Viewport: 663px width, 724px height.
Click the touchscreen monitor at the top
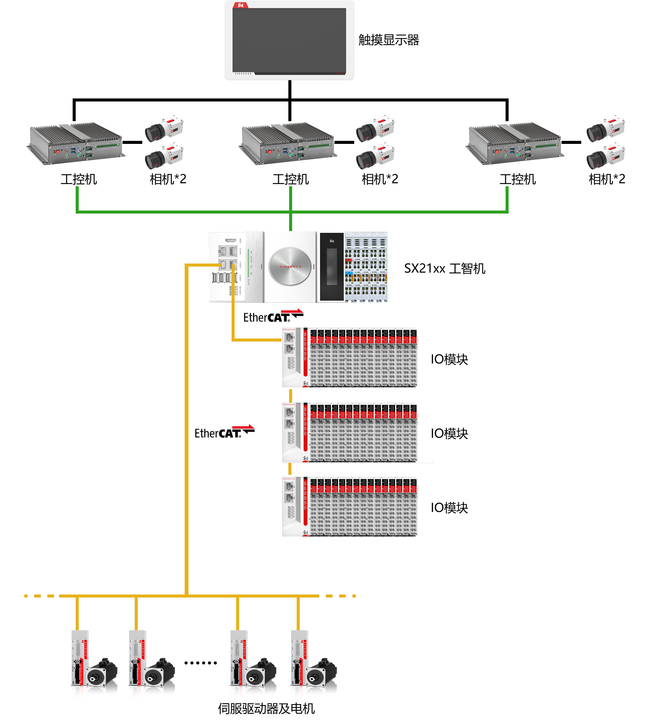[x=289, y=41]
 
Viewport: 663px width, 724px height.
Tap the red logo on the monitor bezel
[x=240, y=5]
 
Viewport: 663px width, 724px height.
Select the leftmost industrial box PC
[x=76, y=144]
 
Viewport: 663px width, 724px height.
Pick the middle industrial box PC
[x=288, y=144]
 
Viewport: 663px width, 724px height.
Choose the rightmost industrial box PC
[x=515, y=144]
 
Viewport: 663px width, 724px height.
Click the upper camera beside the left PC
[x=163, y=129]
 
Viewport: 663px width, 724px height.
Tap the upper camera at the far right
[x=605, y=129]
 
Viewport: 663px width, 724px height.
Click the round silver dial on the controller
[x=290, y=266]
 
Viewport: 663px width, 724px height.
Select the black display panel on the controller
[x=331, y=267]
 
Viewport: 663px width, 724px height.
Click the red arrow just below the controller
[x=292, y=311]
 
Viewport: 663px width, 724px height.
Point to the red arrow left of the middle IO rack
[x=243, y=427]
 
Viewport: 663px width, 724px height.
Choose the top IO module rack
[x=350, y=357]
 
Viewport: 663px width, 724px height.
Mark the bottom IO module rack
[x=350, y=507]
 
